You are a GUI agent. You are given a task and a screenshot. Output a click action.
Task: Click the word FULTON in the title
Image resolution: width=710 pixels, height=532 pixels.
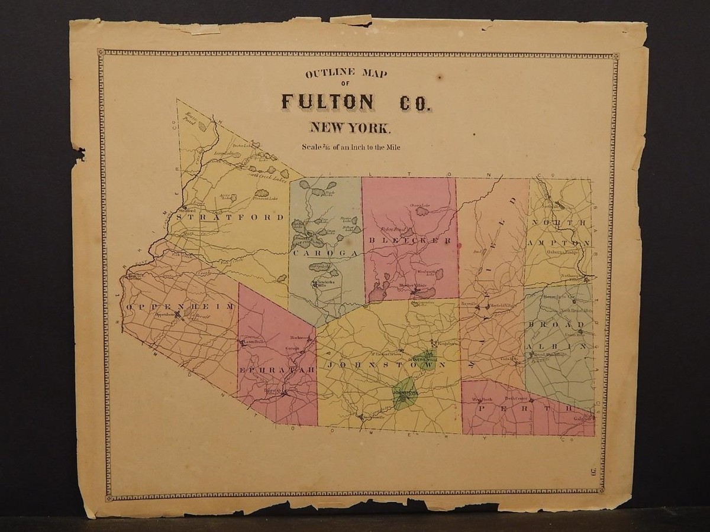327,102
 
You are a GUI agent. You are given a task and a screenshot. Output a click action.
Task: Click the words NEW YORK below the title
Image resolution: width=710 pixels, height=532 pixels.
349,127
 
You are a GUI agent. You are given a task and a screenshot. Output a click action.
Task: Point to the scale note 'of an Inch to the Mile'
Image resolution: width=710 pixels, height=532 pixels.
362,147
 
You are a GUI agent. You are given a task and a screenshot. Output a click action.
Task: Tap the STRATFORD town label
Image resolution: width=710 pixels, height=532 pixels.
230,217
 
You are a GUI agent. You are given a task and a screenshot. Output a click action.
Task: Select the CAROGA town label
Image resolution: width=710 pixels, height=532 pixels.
325,252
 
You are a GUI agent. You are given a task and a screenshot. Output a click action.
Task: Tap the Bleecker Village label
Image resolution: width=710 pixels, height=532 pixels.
412,286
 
